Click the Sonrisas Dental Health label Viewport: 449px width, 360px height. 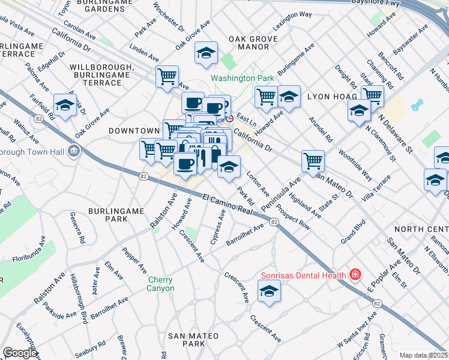pos(303,276)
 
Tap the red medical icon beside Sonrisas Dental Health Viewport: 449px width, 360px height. pos(356,275)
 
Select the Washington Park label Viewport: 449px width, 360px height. pos(242,78)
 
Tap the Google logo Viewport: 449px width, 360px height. pos(20,353)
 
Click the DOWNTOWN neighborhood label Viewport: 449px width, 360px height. pos(134,130)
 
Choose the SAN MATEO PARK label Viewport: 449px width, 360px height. pos(193,340)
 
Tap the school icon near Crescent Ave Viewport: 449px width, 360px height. pos(269,292)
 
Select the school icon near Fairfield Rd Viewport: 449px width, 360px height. pos(65,104)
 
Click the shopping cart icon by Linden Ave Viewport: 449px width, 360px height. pos(167,76)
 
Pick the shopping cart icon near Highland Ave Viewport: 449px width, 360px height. pos(312,160)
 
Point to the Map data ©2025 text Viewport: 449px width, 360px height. pos(423,355)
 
